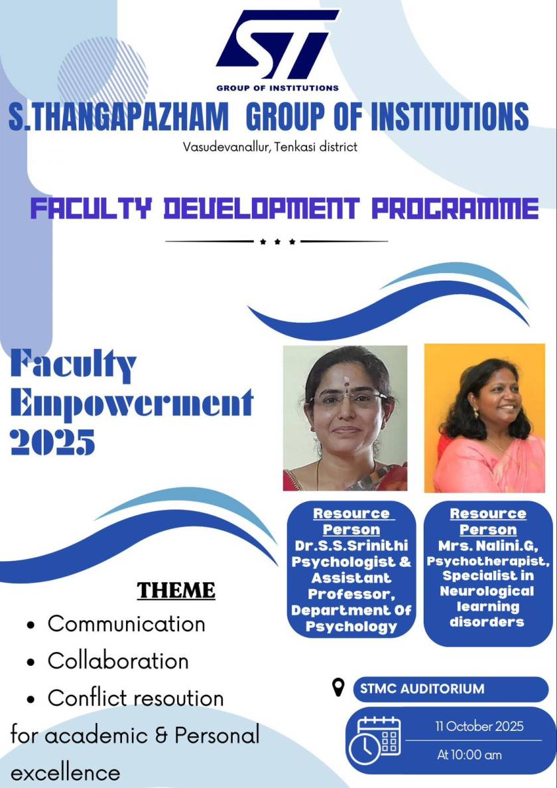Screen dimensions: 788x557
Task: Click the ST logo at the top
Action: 277,45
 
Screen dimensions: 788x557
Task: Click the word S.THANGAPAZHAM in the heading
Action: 118,118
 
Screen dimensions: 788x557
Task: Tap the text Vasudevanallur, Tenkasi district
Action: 270,146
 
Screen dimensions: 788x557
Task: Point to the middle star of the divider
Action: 277,242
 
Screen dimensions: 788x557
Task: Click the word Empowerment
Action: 132,402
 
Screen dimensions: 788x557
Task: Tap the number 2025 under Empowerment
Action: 53,441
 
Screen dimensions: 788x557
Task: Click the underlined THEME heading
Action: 176,590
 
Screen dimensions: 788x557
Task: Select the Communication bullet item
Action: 126,624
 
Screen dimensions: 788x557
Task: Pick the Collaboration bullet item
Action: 118,661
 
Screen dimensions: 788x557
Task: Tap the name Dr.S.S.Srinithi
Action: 351,546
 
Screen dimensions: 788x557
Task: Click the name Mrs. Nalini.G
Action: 487,546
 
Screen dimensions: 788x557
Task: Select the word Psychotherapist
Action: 487,562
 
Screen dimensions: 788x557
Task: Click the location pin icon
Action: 338,688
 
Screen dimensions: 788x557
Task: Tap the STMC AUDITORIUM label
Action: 422,689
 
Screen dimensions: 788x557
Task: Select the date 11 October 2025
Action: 479,726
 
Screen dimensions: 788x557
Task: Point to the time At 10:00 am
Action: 469,755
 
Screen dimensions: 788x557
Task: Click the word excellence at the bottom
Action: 66,773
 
